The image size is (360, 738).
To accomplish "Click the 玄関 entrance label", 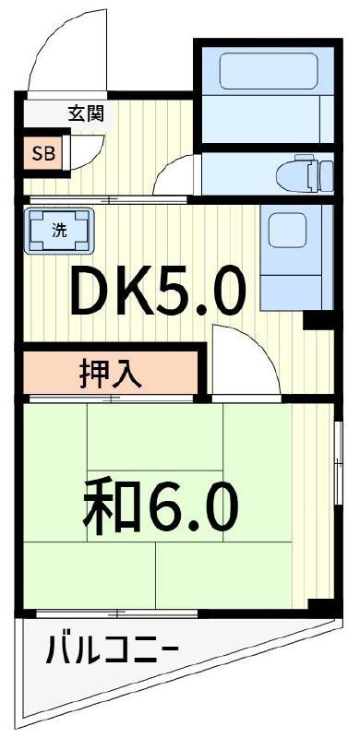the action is point(86,113).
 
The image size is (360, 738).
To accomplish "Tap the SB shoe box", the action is point(43,153).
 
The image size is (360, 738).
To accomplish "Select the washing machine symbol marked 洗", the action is point(59,232).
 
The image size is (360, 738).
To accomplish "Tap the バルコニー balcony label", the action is point(112,650).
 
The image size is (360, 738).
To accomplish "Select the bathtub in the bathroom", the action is point(269,71).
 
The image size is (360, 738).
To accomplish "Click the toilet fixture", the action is point(305,173).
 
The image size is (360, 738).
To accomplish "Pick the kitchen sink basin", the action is point(287,230).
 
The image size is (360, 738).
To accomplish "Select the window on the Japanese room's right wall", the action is point(338,464).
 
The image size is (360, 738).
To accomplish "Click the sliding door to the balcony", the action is point(117,613).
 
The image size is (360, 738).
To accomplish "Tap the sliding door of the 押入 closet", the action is point(111,399).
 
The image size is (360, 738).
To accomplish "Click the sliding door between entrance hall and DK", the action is point(108,199).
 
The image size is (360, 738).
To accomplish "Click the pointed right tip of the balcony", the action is point(342,621).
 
